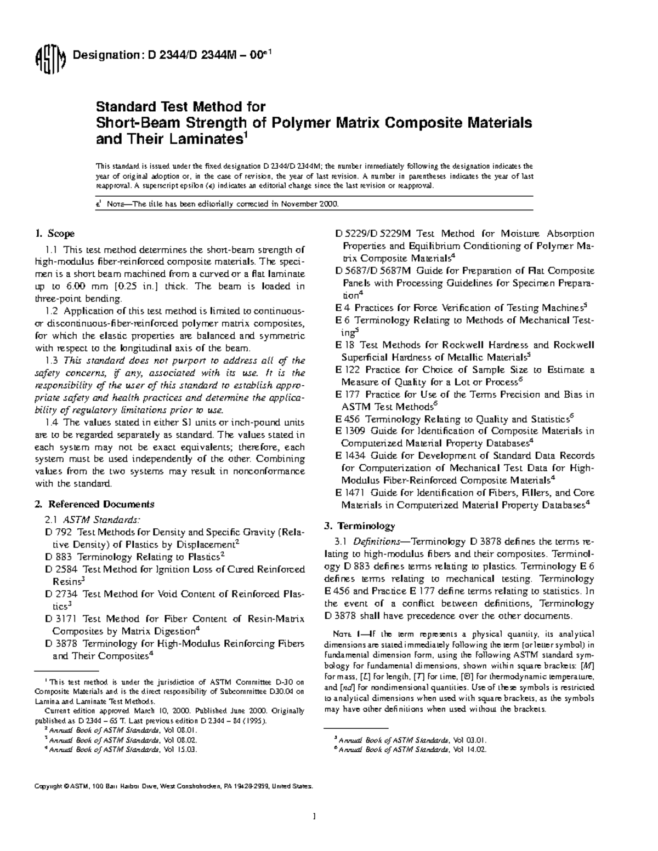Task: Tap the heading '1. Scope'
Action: [x=54, y=234]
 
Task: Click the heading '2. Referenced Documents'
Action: [x=94, y=504]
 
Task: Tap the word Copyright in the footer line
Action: [x=48, y=786]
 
